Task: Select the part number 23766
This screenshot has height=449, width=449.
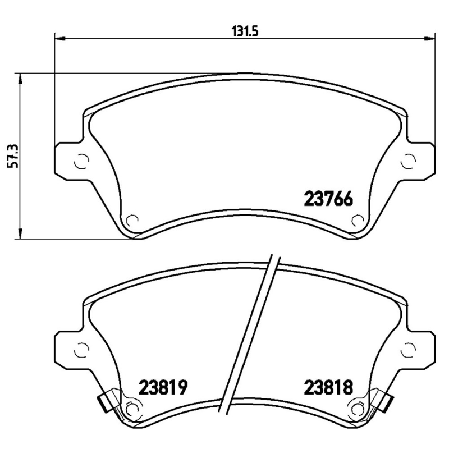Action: [328, 199]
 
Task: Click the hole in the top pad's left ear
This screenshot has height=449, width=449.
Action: [81, 161]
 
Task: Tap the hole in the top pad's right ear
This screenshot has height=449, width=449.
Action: [408, 161]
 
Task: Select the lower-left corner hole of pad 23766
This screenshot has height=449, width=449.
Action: [133, 221]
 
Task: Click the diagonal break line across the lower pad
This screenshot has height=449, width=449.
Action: [251, 337]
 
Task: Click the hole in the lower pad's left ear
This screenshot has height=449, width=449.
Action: [81, 349]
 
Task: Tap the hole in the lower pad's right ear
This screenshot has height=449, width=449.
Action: [408, 349]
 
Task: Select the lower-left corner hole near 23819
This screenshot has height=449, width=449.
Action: [133, 408]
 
